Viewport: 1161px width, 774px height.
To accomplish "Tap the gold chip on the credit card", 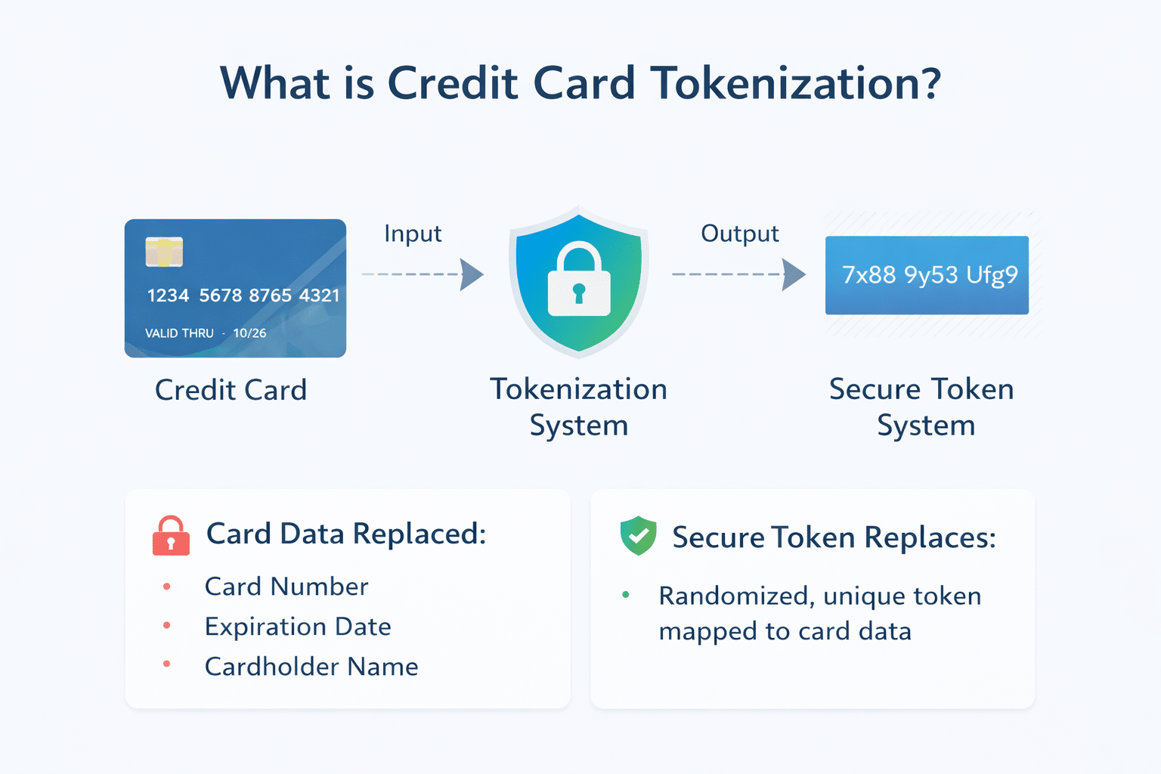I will [164, 252].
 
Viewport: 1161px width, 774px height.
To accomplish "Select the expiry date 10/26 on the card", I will [249, 333].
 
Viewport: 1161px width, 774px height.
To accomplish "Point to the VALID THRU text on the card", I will [179, 333].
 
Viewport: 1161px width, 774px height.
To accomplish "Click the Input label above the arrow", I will [412, 234].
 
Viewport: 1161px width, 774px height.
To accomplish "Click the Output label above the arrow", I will [739, 234].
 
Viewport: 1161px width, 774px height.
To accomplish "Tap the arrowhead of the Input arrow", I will [472, 274].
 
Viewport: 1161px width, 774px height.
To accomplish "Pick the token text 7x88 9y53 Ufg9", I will [929, 275].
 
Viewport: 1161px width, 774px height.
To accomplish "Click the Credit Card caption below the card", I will [231, 390].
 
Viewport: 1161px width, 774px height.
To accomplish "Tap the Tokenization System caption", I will [579, 407].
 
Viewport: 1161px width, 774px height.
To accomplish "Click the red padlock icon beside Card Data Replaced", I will [171, 536].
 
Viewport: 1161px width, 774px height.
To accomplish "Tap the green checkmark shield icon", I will [639, 536].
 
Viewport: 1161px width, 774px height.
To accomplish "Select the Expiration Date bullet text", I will [298, 627].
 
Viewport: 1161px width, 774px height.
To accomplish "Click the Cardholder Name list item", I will [311, 667].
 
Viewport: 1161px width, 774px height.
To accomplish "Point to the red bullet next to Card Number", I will [166, 587].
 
